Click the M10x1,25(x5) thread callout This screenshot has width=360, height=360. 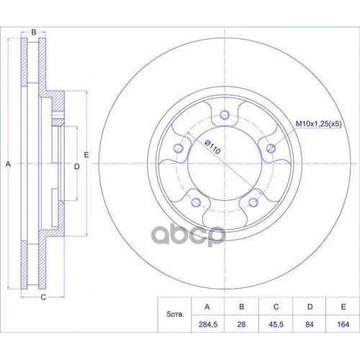(x=320, y=125)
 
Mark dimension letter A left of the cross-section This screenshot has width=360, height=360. (x=8, y=165)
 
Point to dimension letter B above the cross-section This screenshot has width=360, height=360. (x=34, y=32)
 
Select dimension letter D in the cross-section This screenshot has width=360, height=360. (x=76, y=166)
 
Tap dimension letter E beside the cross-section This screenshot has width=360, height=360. (x=85, y=155)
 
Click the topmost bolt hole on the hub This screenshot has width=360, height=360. (x=224, y=115)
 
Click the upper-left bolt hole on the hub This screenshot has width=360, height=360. (x=177, y=149)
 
